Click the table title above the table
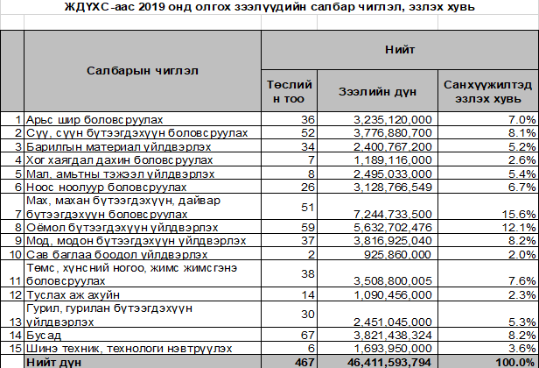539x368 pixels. point(269,8)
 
